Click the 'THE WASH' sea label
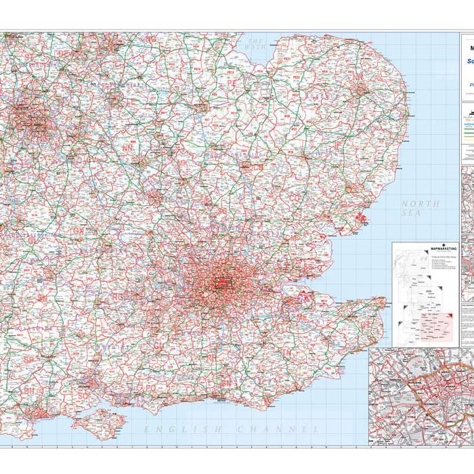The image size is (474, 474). pyautogui.click(x=256, y=43)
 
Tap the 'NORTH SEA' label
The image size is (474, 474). pyautogui.click(x=420, y=208)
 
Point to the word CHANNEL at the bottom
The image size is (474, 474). pyautogui.click(x=278, y=429)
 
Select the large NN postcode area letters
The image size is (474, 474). pyautogui.click(x=127, y=148)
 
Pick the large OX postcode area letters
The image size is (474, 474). pyautogui.click(x=79, y=232)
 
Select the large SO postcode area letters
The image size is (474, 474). pyautogui.click(x=84, y=395)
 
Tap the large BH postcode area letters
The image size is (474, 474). pyautogui.click(x=29, y=391)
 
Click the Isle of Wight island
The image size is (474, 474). pyautogui.click(x=100, y=422)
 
